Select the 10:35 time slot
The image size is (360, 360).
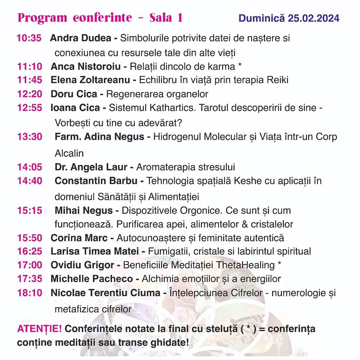pyautogui.click(x=29, y=38)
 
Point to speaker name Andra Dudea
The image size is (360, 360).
pyautogui.click(x=81, y=38)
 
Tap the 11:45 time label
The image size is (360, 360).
pyautogui.click(x=29, y=80)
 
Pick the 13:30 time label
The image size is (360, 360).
pyautogui.click(x=29, y=137)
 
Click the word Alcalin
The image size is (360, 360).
pyautogui.click(x=69, y=153)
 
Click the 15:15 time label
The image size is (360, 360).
pyautogui.click(x=29, y=210)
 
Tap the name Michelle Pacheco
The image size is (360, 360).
pyautogui.click(x=91, y=279)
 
